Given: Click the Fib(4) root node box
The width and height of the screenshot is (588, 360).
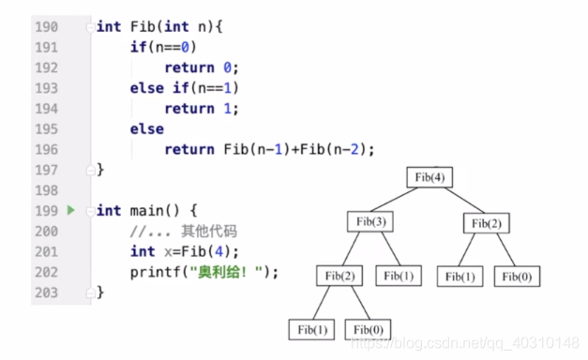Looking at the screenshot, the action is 430,177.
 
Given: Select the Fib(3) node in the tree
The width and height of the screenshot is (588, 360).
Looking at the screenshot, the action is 370,221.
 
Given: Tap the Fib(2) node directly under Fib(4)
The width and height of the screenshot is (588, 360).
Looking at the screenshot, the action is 487,223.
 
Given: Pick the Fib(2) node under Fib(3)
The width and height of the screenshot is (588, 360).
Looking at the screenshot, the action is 339,276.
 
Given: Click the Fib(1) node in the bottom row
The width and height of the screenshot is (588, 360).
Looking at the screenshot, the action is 311,330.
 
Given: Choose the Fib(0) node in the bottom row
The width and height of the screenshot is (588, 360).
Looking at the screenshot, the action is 368,330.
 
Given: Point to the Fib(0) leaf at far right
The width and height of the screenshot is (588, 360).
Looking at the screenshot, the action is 517,277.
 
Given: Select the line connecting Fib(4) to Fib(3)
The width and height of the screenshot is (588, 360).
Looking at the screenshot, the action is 394,200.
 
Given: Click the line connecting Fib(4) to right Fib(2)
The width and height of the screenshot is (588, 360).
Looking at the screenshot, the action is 464,201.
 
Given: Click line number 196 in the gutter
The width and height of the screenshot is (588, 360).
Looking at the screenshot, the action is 47,150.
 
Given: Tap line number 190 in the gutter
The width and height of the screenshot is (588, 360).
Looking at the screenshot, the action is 47,27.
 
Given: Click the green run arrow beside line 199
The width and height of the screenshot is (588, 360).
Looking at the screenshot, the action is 71,210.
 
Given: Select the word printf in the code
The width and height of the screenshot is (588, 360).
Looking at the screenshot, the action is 156,272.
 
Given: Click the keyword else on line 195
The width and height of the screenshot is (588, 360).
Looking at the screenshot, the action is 147,129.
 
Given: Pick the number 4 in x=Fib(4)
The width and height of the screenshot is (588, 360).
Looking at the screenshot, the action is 219,251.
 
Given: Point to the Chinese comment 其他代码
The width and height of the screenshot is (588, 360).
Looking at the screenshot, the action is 209,231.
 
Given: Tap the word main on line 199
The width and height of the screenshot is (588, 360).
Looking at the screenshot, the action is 146,211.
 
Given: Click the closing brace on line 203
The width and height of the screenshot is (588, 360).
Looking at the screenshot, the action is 100,292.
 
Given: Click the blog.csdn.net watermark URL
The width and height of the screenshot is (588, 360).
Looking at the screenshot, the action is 465,343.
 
